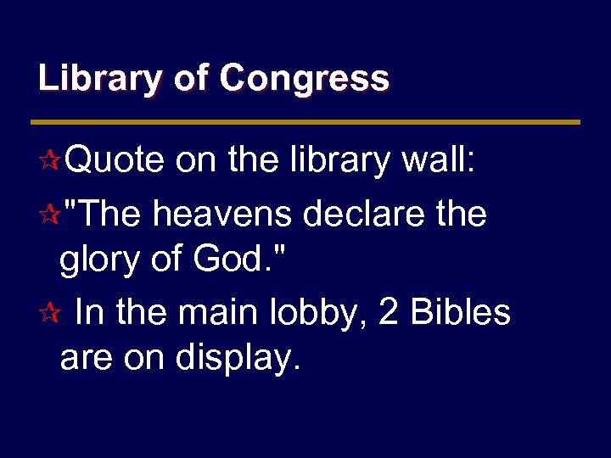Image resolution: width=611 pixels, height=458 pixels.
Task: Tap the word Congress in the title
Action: click(304, 79)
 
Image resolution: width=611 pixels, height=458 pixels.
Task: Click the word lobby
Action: click(319, 312)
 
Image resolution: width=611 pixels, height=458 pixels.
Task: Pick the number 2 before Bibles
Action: click(390, 312)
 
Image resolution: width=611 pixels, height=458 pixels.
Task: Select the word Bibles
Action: click(461, 312)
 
